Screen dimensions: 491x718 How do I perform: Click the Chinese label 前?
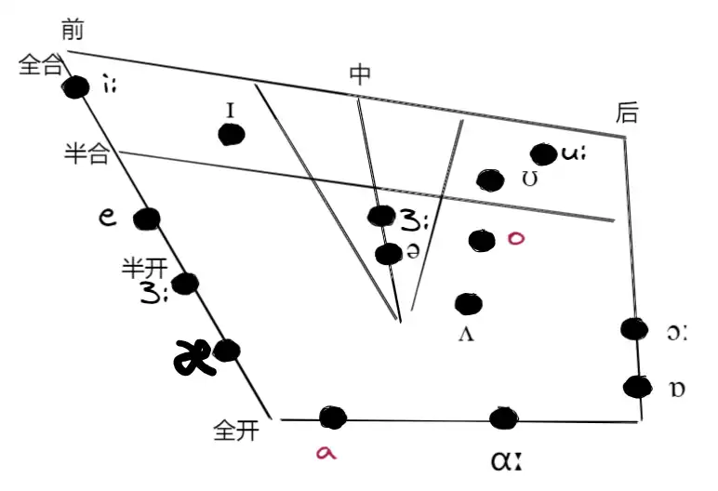pyautogui.click(x=73, y=30)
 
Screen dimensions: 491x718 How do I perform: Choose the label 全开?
pyautogui.click(x=235, y=431)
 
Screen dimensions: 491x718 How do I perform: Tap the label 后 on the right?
pyautogui.click(x=627, y=113)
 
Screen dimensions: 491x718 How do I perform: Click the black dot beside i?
pyautogui.click(x=75, y=87)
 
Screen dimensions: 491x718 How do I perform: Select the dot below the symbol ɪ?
pyautogui.click(x=231, y=134)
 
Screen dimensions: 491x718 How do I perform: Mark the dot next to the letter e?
pyautogui.click(x=146, y=219)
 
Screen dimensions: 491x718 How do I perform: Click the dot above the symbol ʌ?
pyautogui.click(x=468, y=303)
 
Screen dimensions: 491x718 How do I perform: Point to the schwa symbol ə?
pyautogui.click(x=413, y=253)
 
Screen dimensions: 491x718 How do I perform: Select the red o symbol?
pyautogui.click(x=517, y=238)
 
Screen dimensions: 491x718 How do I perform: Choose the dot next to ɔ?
pyautogui.click(x=633, y=328)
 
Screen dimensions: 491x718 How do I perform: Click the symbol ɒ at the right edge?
pyautogui.click(x=677, y=389)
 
